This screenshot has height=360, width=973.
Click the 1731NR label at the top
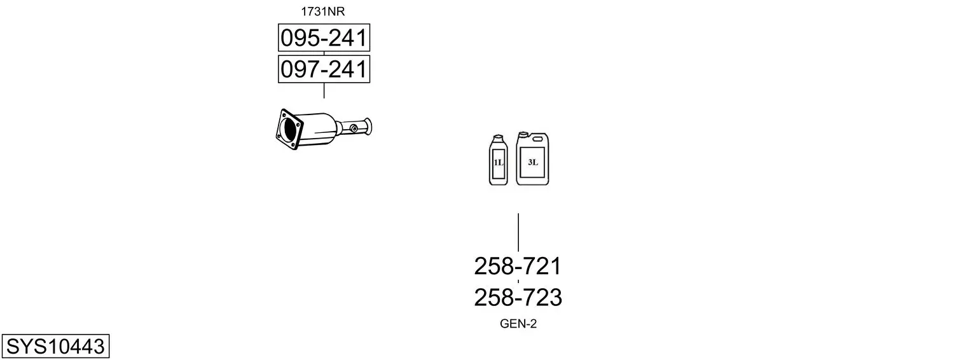point(322,11)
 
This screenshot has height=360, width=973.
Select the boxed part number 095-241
point(324,38)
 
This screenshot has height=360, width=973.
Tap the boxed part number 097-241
point(324,69)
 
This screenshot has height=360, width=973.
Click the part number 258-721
point(518,266)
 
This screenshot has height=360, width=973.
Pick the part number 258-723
point(518,298)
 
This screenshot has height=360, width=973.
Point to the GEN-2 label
point(518,324)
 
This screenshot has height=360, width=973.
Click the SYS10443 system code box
point(55,346)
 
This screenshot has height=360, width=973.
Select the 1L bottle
point(498,160)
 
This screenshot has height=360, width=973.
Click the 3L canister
point(532,158)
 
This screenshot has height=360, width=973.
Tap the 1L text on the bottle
point(498,163)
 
